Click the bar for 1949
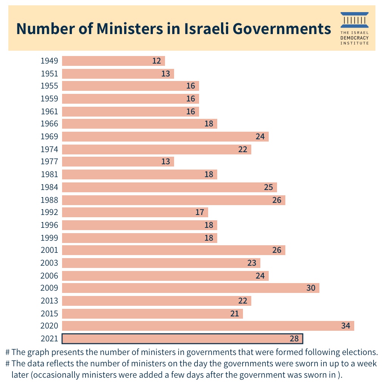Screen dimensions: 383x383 114,61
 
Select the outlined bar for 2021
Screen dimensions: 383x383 182,338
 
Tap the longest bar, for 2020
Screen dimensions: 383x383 208,326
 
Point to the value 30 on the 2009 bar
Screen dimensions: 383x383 311,288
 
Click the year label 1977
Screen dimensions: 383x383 49,162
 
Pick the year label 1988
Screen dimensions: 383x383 49,200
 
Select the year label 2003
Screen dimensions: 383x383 49,263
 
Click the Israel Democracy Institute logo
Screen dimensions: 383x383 354,28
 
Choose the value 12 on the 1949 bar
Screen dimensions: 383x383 156,61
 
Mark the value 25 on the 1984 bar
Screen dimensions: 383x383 268,187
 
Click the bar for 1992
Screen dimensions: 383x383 135,212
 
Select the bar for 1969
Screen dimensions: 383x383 165,137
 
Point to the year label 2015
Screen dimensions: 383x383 49,313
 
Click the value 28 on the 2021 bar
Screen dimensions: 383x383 294,338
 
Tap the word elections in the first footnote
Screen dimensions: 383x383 357,352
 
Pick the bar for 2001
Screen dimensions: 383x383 174,250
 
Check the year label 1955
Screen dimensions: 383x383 49,86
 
